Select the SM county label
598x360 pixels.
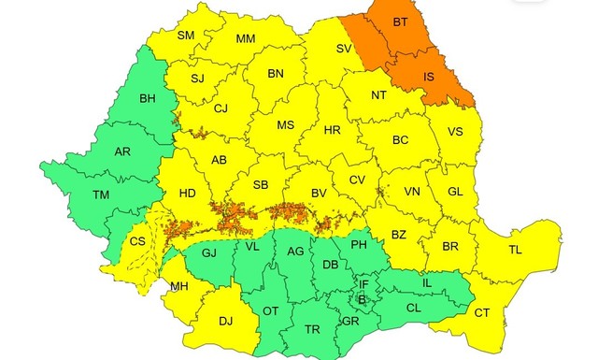[185, 36]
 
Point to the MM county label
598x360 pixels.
[245, 39]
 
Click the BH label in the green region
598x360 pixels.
[148, 98]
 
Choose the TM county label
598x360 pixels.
[101, 194]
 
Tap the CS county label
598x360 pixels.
[137, 241]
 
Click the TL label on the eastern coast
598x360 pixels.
[515, 250]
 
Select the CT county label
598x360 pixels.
[481, 312]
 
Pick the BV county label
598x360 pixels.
[319, 193]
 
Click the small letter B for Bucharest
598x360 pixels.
[363, 299]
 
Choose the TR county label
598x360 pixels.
[313, 329]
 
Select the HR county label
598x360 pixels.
[332, 130]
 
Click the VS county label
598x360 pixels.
[455, 132]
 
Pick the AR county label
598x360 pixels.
[121, 151]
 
